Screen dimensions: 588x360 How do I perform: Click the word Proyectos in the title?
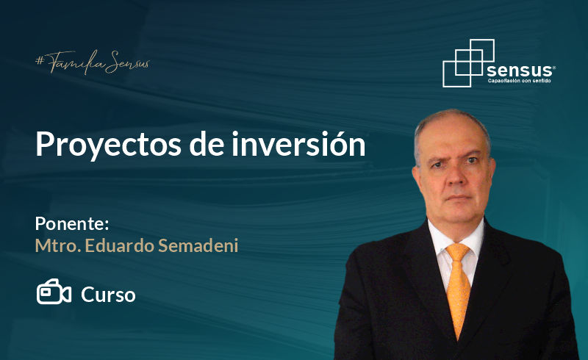tap(108, 145)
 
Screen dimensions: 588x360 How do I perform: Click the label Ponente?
tap(72, 224)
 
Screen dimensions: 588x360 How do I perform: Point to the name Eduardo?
tap(120, 245)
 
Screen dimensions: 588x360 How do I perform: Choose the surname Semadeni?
tap(198, 245)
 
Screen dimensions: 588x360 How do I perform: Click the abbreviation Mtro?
tap(58, 246)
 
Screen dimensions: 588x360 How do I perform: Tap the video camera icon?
tap(54, 292)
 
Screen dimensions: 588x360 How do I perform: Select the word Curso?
tap(108, 295)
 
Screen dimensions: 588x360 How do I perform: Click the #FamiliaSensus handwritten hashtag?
tap(93, 62)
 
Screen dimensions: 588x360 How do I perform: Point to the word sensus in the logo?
tap(519, 70)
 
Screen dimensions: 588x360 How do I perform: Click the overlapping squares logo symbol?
tap(468, 63)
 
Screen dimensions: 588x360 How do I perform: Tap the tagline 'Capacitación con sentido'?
tap(519, 81)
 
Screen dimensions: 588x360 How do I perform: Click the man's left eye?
tap(473, 160)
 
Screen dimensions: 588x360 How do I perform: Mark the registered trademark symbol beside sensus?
tap(554, 68)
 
